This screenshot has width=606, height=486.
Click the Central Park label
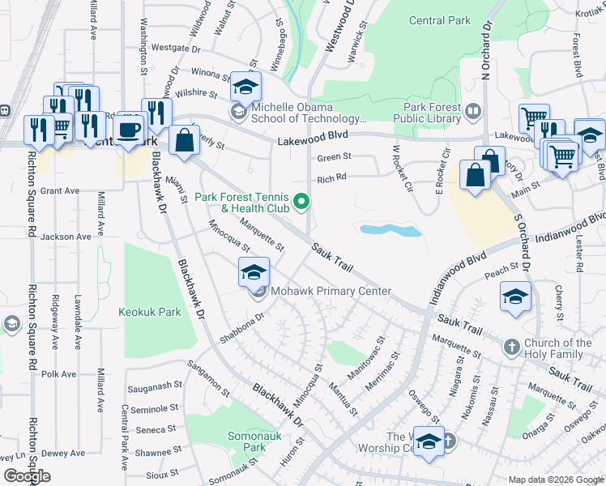pyautogui.click(x=440, y=20)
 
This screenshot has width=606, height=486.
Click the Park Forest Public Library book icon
pyautogui.click(x=473, y=110)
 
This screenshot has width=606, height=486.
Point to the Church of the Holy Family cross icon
pyautogui.click(x=510, y=348)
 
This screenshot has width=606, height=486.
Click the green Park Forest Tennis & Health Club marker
pyautogui.click(x=302, y=201)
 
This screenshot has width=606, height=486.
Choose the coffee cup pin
pyautogui.click(x=129, y=129)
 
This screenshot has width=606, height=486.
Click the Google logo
pyautogui.click(x=27, y=475)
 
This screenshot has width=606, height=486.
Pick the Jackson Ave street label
pyautogui.click(x=66, y=237)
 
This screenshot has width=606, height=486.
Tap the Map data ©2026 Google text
pyautogui.click(x=555, y=480)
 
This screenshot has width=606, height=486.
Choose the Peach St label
pyautogui.click(x=502, y=267)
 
